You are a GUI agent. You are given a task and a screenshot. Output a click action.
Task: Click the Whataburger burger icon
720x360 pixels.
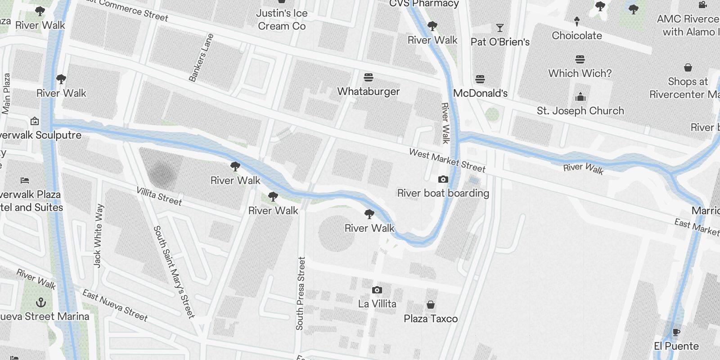pos(369,77)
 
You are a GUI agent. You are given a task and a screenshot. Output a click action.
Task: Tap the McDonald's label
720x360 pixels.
pos(480,93)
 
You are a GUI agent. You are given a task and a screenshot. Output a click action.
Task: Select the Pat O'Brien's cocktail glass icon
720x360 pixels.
pos(499,28)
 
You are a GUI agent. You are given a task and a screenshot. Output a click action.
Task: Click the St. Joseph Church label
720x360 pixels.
pos(580,111)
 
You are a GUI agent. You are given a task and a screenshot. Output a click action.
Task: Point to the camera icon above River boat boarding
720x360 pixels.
pos(443,179)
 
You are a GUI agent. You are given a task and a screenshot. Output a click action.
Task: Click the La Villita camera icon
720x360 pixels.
pos(377,290)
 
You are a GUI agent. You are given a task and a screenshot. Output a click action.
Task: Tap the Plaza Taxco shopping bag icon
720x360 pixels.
pos(431,305)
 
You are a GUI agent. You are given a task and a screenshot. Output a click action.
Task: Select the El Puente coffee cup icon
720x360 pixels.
pos(676,333)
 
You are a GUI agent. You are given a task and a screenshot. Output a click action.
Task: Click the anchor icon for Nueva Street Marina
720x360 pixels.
pos(41,302)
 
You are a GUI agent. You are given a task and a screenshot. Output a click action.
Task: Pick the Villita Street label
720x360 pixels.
pos(159,196)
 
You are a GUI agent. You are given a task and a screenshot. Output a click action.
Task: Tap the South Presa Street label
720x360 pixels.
pos(301,293)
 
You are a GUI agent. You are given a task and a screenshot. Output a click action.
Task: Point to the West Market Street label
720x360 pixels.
pos(447,161)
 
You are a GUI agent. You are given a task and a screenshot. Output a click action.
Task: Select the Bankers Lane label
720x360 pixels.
pos(201,58)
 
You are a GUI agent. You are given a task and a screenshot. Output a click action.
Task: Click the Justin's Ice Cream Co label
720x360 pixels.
pos(282,20)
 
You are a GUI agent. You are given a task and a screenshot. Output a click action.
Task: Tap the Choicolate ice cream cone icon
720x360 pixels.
pos(577,21)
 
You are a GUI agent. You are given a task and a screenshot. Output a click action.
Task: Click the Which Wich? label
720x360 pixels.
pos(580,73)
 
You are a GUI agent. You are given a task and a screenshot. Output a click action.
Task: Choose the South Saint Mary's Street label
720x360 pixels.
pos(174,272)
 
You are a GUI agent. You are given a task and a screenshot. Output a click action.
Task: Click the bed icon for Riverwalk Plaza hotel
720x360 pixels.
pos(25,180)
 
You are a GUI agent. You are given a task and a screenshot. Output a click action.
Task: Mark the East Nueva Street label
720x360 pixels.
pos(115,306)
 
